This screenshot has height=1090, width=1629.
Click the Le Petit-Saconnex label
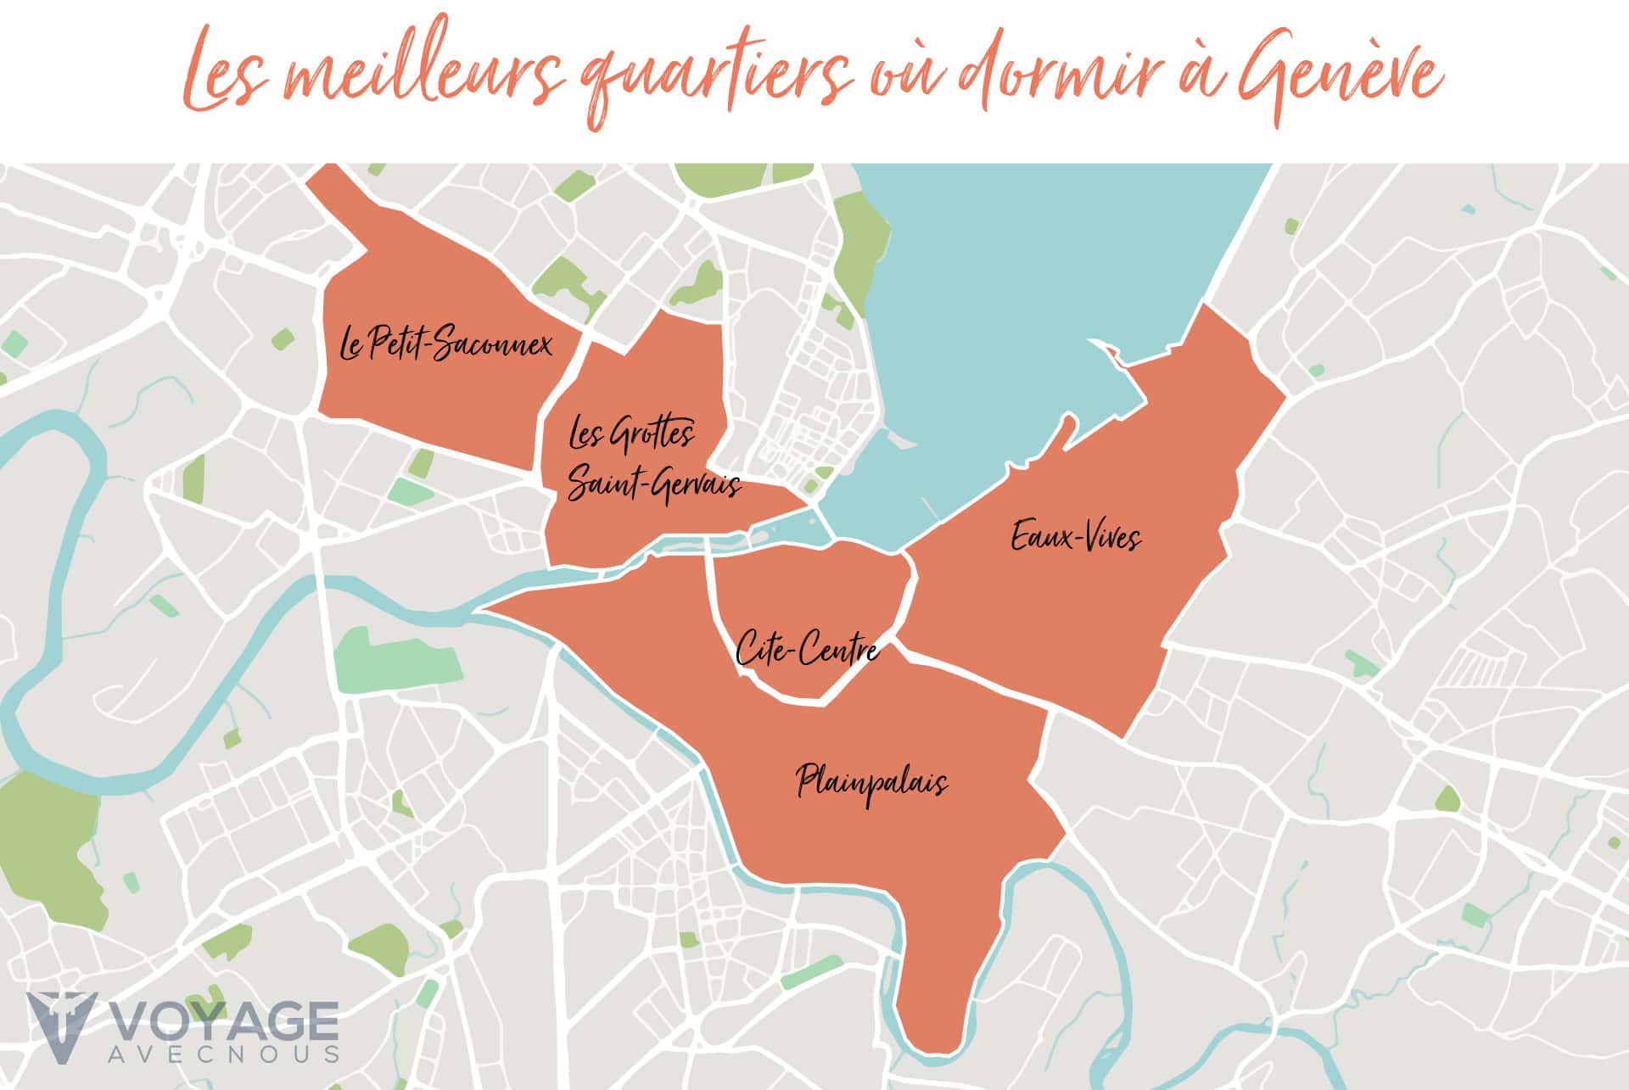point(445,344)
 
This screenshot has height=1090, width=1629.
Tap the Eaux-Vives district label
point(1076,537)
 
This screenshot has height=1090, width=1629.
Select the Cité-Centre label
point(806,650)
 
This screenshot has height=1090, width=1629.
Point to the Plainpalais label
point(871,782)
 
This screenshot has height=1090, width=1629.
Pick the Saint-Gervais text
point(654,485)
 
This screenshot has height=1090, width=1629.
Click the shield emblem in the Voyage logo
point(61,1027)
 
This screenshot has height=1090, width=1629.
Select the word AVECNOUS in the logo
point(225,1054)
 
